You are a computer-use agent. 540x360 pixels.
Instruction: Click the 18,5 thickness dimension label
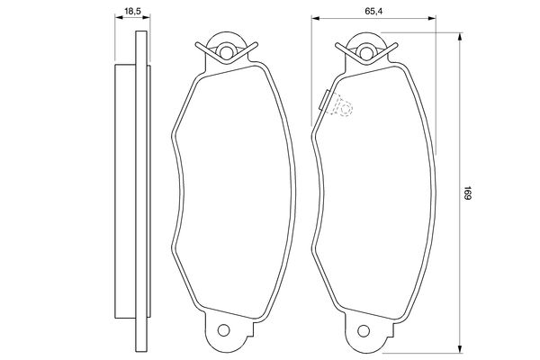[132, 12]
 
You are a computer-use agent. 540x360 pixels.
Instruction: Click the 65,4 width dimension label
[373, 12]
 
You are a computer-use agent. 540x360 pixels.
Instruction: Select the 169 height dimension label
[467, 193]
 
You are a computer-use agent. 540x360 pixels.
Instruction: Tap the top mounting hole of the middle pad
[226, 52]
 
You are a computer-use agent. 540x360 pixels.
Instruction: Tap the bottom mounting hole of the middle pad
[223, 330]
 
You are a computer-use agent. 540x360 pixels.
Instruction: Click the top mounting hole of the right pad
[365, 52]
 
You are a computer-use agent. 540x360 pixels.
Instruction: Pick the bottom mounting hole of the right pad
[364, 330]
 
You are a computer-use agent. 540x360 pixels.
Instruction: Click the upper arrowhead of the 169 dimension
[459, 37]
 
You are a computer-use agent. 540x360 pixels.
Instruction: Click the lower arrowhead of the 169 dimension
[459, 348]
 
